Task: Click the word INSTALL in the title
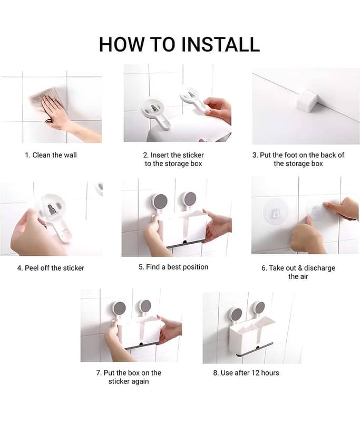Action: click(x=220, y=44)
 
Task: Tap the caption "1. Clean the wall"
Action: click(x=51, y=155)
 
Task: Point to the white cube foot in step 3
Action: click(x=308, y=101)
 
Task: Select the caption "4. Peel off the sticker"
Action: click(x=51, y=268)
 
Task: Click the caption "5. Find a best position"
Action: click(x=173, y=267)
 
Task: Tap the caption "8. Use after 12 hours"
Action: click(x=246, y=373)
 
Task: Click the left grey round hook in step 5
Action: click(x=160, y=202)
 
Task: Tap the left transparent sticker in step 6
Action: click(x=276, y=212)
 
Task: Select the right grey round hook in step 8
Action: click(x=259, y=308)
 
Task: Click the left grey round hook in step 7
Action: click(x=119, y=309)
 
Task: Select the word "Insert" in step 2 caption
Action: click(x=160, y=155)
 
